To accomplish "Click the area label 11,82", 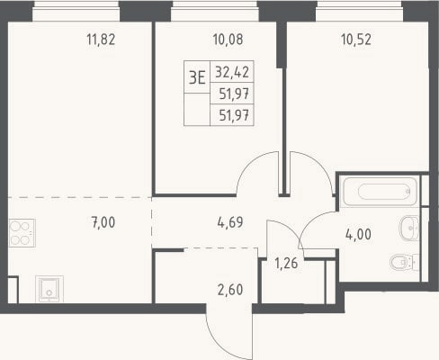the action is pos(101,40).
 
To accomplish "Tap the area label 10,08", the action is pos(228,40).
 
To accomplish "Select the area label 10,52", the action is pos(356,40).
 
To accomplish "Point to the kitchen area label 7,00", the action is pos(103,222).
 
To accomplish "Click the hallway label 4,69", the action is pos(230,222).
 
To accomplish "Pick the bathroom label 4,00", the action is pos(358,234).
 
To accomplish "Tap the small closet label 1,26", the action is pos(286,263).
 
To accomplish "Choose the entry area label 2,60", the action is pos(230,290).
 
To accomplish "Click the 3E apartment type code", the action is pos(197,77).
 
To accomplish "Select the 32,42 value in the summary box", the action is pos(232,72).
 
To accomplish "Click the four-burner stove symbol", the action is pos(22,233).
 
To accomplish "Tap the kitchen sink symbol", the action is pos(49,289).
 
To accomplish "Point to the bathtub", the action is pos(380,192).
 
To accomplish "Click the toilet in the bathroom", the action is pos(404,263).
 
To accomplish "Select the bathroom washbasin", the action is pos(409,229).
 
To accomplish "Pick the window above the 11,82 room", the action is pos(76,11).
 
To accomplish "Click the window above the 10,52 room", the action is pos(360,11).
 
